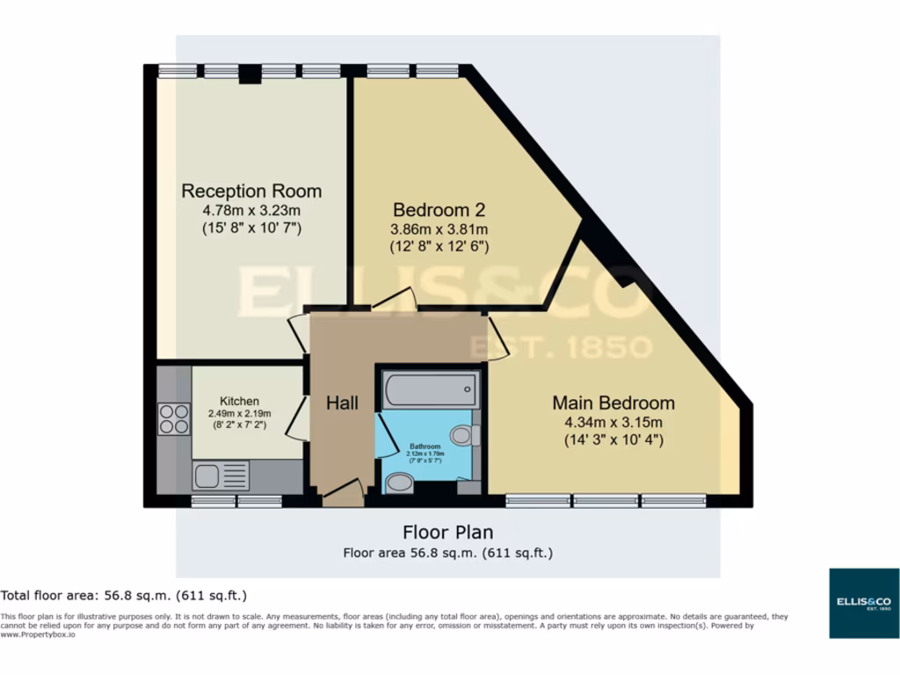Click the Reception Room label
(x=251, y=191)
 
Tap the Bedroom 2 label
(x=439, y=210)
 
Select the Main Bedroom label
(x=613, y=403)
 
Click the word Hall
(x=342, y=403)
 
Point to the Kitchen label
(x=239, y=401)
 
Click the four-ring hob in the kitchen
(x=174, y=418)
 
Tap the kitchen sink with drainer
(x=221, y=476)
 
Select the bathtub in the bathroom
(x=431, y=388)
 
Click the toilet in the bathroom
(x=464, y=435)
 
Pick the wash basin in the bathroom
(x=400, y=483)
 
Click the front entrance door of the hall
(x=344, y=492)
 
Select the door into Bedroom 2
(x=393, y=300)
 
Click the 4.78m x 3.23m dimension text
(x=251, y=211)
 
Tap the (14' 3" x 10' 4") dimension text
(x=613, y=439)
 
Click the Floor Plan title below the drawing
(x=447, y=532)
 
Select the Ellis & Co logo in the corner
(x=864, y=603)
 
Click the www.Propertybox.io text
(x=37, y=634)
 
